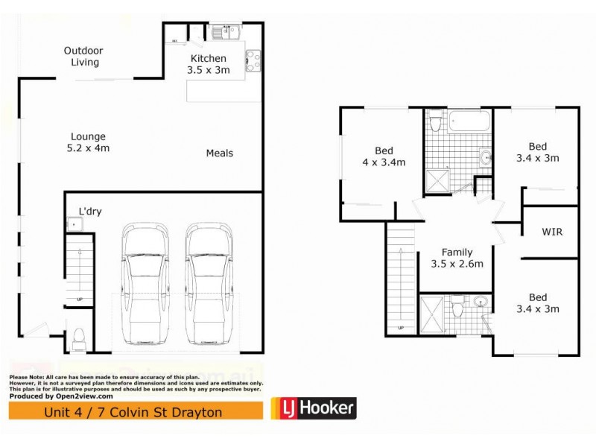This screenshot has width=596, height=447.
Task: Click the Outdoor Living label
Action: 83,56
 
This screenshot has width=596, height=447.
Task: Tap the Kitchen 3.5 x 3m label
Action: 208,64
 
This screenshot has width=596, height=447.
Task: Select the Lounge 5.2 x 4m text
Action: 89,142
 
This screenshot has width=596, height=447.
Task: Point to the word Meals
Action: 220,153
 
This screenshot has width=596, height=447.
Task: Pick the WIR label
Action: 551,232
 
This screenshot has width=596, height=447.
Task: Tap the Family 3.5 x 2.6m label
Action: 457,258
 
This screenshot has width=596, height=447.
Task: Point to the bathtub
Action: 468,121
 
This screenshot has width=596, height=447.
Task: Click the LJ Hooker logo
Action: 312,408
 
